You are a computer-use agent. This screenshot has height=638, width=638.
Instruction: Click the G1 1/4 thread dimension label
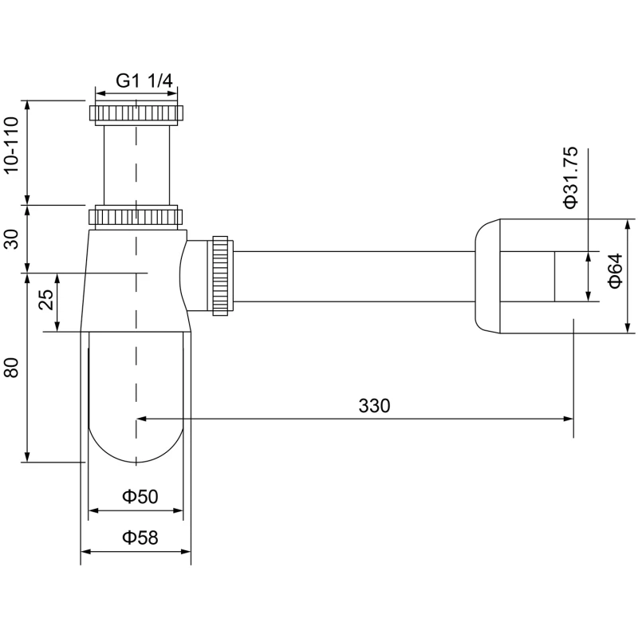145,81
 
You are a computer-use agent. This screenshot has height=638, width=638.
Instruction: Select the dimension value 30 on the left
11,238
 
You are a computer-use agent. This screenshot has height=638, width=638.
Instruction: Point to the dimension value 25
46,300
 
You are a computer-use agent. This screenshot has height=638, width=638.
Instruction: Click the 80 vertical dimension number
11,368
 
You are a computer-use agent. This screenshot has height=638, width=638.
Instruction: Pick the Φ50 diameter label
140,496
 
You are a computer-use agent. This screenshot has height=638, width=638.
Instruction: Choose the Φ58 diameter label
140,537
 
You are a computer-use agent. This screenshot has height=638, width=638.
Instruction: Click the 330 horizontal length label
374,405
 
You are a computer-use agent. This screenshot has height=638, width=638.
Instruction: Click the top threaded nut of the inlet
136,112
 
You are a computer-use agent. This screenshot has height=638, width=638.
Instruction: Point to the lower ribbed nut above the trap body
136,217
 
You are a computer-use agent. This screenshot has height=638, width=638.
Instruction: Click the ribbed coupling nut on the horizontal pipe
221,275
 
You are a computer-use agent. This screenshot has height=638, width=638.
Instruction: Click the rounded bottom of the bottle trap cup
136,447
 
